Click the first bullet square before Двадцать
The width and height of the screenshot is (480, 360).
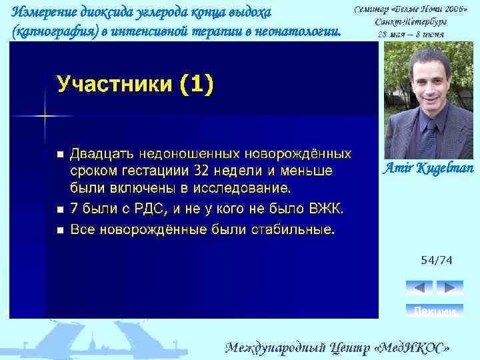point(60,155)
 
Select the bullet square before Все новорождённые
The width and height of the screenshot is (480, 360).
point(60,231)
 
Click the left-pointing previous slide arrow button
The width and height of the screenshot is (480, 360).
point(419,287)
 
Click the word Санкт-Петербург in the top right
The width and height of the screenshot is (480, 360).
point(411,21)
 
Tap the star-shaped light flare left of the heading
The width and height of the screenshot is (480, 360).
point(45,115)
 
